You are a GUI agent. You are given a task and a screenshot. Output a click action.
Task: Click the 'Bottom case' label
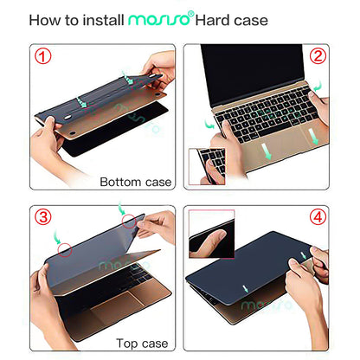(136, 182)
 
